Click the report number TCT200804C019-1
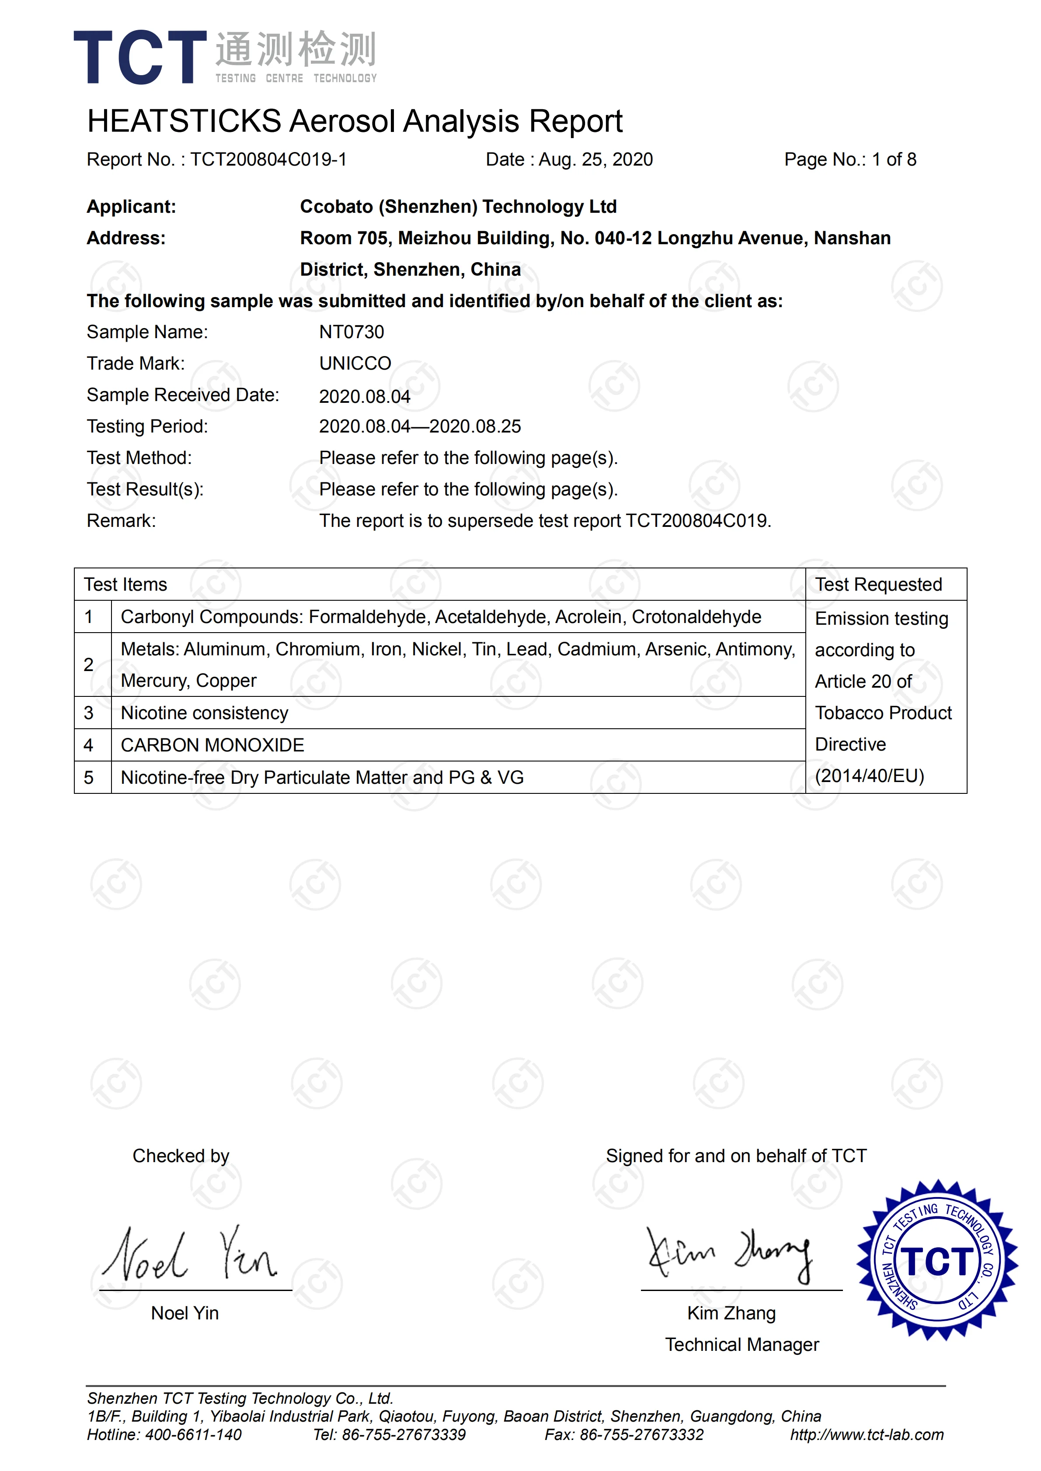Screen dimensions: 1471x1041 point(268,159)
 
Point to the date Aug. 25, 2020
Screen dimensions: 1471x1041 point(595,159)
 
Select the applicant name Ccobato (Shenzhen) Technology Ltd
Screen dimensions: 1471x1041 point(458,207)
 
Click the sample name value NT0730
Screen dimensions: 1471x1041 point(351,332)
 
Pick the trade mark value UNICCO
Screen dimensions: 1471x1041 point(355,363)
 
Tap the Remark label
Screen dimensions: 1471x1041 point(121,521)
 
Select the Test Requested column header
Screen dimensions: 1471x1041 point(878,584)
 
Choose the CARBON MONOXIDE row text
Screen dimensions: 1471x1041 point(212,745)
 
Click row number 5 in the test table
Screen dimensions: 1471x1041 point(88,778)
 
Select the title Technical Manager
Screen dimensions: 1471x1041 point(742,1344)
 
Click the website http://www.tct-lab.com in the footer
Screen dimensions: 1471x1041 point(867,1434)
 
